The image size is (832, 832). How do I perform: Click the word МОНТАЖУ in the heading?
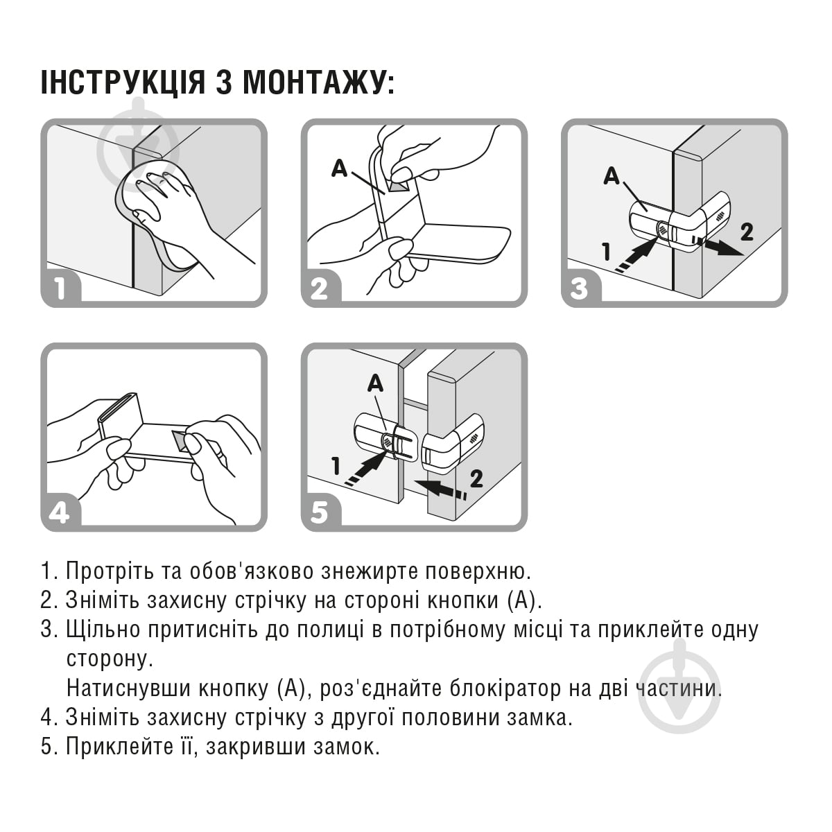pyautogui.click(x=318, y=82)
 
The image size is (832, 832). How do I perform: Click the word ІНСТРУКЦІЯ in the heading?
pyautogui.click(x=123, y=82)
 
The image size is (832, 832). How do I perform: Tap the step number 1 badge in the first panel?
pyautogui.click(x=60, y=288)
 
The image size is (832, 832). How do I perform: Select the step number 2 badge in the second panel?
pyautogui.click(x=320, y=288)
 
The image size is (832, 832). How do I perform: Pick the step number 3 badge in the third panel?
pyautogui.click(x=580, y=288)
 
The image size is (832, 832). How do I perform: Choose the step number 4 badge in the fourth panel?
pyautogui.click(x=60, y=512)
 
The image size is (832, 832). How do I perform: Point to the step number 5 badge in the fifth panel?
pyautogui.click(x=320, y=512)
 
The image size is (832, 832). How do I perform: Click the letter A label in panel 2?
pyautogui.click(x=339, y=168)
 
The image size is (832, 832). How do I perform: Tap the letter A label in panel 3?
pyautogui.click(x=612, y=175)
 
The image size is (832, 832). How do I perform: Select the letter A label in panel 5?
pyautogui.click(x=375, y=383)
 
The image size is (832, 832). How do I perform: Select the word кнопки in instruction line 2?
pyautogui.click(x=463, y=600)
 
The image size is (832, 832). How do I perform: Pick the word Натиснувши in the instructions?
pyautogui.click(x=129, y=688)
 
